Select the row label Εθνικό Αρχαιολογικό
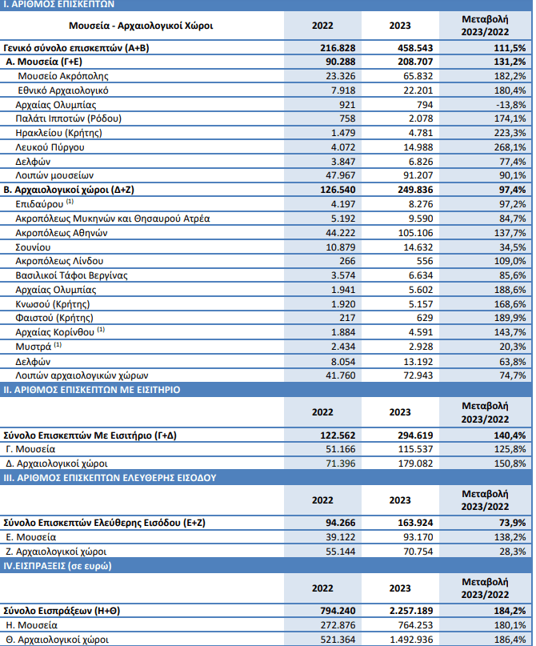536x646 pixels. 63,90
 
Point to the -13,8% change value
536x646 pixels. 510,105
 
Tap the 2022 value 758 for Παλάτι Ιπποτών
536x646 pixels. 347,118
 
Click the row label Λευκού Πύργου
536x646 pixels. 50,147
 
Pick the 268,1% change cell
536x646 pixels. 510,147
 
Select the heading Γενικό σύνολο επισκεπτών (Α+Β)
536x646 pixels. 76,48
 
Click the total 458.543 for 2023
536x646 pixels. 415,48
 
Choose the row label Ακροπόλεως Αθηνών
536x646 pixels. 62,233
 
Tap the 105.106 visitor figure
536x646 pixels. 415,233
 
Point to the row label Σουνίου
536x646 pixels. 33,247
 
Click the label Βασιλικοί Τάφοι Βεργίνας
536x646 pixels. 72,275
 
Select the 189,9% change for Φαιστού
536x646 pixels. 510,318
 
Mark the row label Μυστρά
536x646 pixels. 38,347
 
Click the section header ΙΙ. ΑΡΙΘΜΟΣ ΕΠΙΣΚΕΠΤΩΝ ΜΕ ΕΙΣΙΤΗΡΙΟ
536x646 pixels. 92,390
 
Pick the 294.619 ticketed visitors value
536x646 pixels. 415,435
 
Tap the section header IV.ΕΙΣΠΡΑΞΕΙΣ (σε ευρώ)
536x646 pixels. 58,566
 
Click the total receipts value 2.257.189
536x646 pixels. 411,611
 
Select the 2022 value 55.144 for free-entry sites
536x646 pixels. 341,552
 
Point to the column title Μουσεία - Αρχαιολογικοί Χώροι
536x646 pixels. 141,26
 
